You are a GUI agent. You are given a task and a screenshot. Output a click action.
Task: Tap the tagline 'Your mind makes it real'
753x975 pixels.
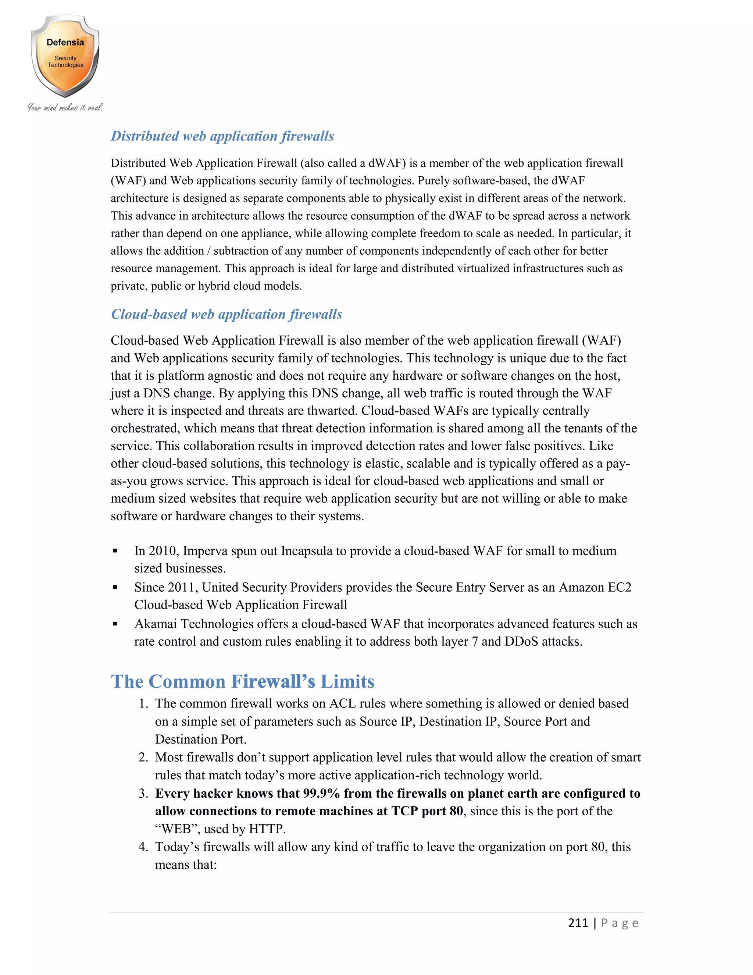tap(65, 107)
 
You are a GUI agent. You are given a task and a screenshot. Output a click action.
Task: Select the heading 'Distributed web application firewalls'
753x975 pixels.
tap(222, 136)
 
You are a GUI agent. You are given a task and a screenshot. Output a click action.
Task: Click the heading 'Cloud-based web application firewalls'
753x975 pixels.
tap(226, 314)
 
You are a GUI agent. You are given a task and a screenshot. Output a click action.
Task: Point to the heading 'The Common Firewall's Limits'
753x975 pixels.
tap(242, 682)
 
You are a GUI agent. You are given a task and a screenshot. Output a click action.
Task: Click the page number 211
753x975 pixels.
tap(578, 923)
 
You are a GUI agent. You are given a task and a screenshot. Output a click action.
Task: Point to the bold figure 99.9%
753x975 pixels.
tap(321, 793)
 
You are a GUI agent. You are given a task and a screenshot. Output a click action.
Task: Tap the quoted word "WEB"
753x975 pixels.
tap(176, 829)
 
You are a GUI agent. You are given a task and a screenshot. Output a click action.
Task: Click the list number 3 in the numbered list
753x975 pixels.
tap(143, 793)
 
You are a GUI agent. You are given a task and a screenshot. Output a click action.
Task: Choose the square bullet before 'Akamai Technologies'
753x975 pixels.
tap(115, 624)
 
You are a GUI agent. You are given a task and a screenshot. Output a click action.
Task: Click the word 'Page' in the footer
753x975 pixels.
tap(620, 923)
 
